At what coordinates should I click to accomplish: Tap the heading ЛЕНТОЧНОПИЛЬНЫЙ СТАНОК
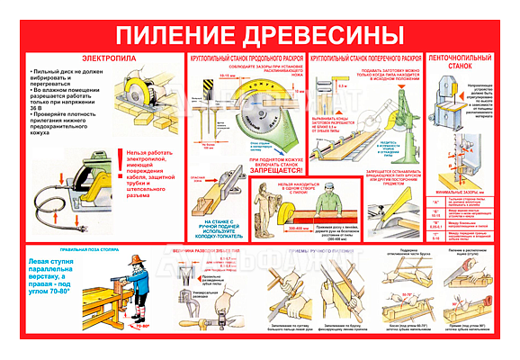pos(460,64)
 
